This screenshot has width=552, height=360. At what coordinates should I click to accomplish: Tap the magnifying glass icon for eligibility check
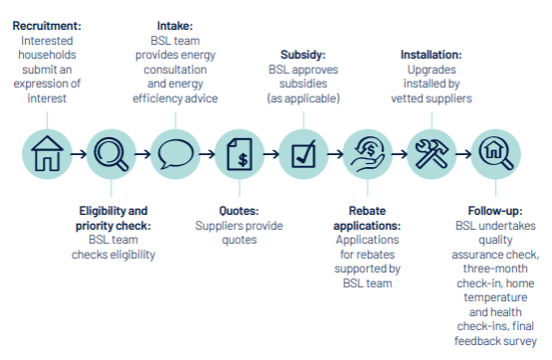click(111, 154)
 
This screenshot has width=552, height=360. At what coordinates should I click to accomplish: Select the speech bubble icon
click(176, 154)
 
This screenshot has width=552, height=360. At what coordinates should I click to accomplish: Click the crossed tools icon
click(432, 154)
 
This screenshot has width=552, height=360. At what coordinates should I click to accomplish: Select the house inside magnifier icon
click(495, 154)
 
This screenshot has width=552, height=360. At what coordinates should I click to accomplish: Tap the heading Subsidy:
click(304, 55)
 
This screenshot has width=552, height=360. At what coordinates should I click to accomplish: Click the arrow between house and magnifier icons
click(79, 154)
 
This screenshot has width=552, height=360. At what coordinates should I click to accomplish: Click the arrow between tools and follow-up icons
click(463, 154)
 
